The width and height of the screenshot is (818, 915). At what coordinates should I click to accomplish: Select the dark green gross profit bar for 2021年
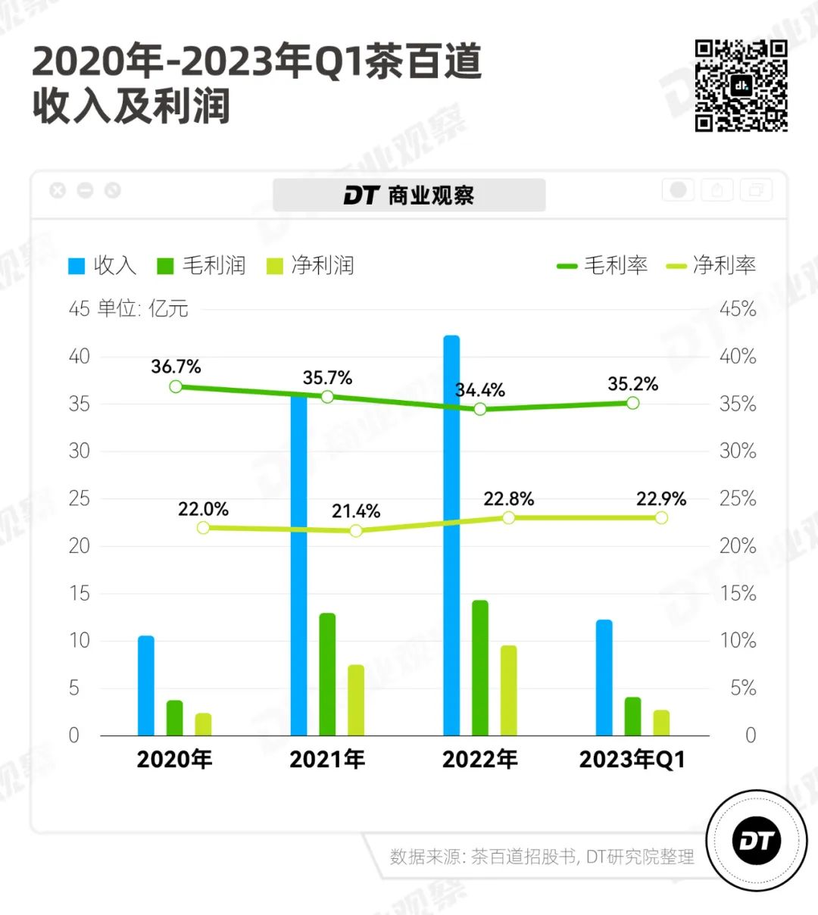click(x=327, y=674)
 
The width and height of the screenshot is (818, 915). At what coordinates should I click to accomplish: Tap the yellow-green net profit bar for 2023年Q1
click(x=661, y=723)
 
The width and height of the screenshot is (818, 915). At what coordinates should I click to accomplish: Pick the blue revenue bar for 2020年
click(x=146, y=685)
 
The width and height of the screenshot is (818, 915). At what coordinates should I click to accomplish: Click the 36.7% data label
click(x=176, y=367)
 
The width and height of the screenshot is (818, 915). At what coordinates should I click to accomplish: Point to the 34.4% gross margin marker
click(x=480, y=409)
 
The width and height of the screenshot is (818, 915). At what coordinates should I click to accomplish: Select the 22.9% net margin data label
click(x=661, y=499)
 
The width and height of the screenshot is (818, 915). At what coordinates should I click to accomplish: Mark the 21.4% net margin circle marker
click(x=356, y=531)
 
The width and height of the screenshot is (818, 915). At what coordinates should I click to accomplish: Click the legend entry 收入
click(x=102, y=266)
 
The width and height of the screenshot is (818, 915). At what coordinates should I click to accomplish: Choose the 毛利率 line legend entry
click(x=602, y=266)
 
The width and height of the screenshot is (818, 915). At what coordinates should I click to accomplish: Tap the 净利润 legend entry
click(x=311, y=266)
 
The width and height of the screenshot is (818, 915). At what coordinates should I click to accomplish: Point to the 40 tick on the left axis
click(x=80, y=357)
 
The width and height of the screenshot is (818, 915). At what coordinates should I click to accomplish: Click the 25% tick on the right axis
click(x=738, y=499)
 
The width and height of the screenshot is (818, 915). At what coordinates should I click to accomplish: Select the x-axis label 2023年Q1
click(x=632, y=760)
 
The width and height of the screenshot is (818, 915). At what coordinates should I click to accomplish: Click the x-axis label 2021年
click(x=327, y=760)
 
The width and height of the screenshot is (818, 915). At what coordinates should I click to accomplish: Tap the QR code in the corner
click(x=742, y=86)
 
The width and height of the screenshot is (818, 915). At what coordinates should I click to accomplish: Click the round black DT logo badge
click(x=756, y=841)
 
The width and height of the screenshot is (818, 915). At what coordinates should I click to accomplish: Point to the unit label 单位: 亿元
click(x=143, y=309)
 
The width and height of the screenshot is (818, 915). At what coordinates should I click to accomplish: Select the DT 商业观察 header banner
click(x=409, y=195)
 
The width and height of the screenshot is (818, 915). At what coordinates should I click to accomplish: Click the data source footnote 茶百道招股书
click(x=523, y=857)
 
